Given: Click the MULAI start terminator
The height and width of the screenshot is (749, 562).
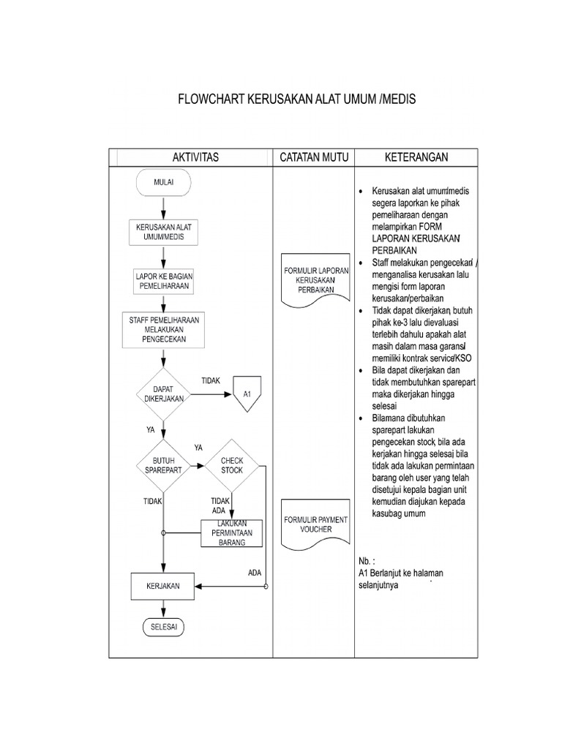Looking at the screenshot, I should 163,184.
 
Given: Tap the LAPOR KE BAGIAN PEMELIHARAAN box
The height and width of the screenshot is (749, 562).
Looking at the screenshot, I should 163,282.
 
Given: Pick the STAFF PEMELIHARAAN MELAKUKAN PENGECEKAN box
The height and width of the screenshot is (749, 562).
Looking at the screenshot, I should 163,330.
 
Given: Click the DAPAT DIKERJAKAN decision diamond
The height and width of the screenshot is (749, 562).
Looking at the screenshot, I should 163,394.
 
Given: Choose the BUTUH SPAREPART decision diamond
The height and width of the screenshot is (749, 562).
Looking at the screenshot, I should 163,465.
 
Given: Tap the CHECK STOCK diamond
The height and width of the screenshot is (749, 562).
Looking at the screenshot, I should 232,465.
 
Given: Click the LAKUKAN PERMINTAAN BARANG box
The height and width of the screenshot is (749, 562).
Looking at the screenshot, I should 232,532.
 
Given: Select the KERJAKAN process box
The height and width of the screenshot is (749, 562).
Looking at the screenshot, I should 162,587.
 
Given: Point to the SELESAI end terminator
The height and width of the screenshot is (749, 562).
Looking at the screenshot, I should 163,628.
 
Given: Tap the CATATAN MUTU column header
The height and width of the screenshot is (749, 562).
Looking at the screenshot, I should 313,157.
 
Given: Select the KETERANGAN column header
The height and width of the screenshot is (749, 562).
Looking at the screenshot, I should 416,157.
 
